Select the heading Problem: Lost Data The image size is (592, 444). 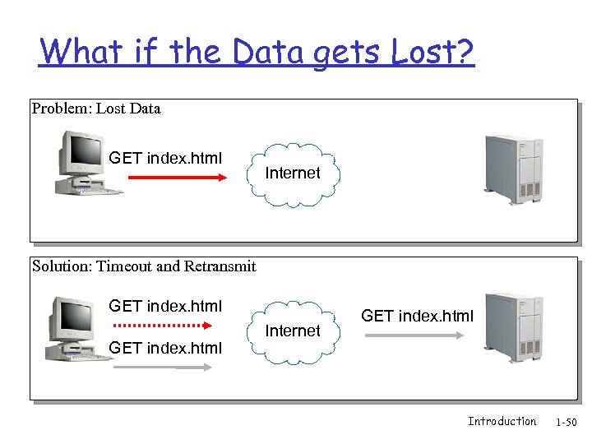click(96, 109)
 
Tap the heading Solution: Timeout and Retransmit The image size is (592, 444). click(144, 266)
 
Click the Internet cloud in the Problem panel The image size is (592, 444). click(292, 173)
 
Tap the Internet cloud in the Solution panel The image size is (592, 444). click(292, 331)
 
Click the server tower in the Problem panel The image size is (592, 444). click(513, 169)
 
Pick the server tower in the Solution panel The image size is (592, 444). click(513, 327)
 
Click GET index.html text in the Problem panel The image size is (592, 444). click(165, 158)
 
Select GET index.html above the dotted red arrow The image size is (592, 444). click(165, 307)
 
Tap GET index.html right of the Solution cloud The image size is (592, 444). click(418, 316)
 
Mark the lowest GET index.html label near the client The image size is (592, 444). click(165, 348)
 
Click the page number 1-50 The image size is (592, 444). click(567, 423)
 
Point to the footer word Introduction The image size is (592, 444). click(502, 421)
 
